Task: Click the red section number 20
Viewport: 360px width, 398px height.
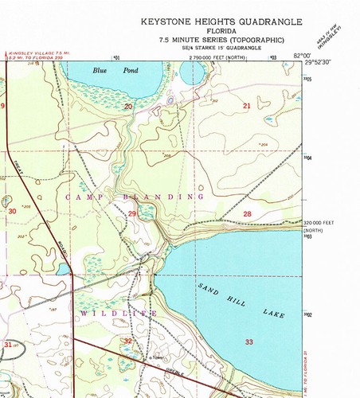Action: coord(128,106)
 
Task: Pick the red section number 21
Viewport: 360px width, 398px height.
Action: coord(247,106)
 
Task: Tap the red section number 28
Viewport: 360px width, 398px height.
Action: coord(247,214)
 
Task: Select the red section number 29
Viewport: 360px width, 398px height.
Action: coord(132,214)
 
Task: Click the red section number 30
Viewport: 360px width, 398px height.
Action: coord(12,211)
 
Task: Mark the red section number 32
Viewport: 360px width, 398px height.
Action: coord(128,341)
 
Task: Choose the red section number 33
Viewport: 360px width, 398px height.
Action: coord(248,341)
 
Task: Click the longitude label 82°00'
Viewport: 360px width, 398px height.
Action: coord(299,54)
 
